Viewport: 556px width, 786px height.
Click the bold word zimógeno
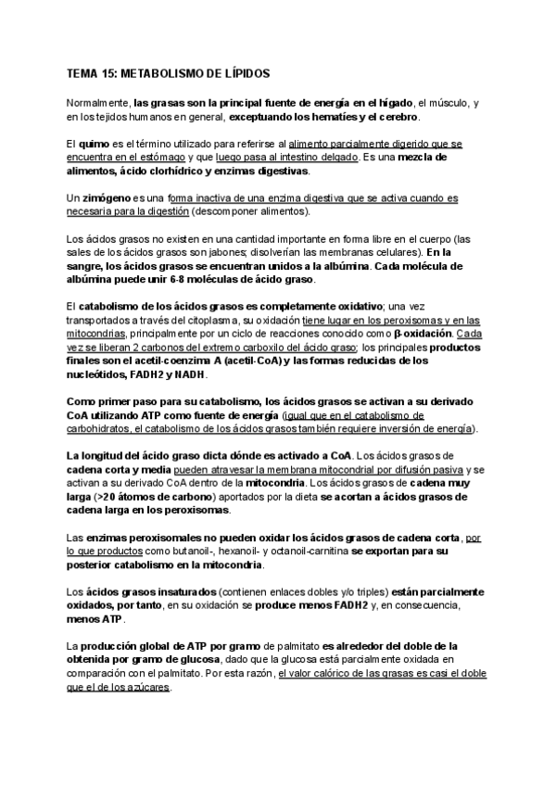pyautogui.click(x=105, y=198)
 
